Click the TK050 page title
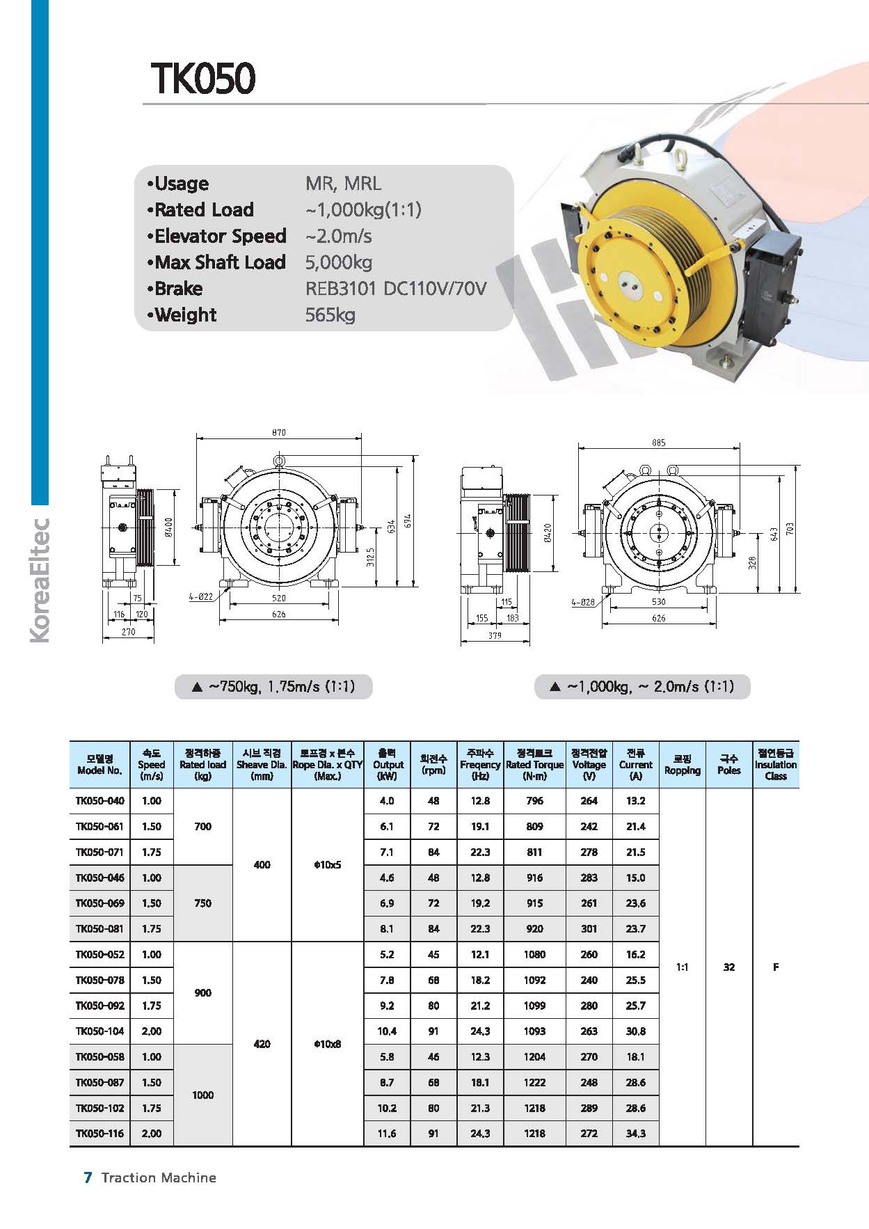pyautogui.click(x=202, y=79)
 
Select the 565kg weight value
pyautogui.click(x=330, y=315)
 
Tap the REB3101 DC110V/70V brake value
pyautogui.click(x=396, y=289)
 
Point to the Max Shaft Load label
pyautogui.click(x=220, y=262)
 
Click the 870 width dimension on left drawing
pyautogui.click(x=278, y=433)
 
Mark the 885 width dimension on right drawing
pyautogui.click(x=658, y=443)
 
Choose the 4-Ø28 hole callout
pyautogui.click(x=583, y=602)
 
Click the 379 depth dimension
pyautogui.click(x=495, y=635)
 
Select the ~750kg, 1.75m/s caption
pyautogui.click(x=274, y=687)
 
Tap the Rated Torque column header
pyautogui.click(x=534, y=764)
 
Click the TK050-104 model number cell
pyautogui.click(x=100, y=1031)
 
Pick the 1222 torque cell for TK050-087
pyautogui.click(x=534, y=1083)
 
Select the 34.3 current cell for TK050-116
pyautogui.click(x=635, y=1134)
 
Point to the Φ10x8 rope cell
pyautogui.click(x=327, y=1045)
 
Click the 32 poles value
pyautogui.click(x=728, y=967)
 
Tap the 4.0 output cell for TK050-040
pyautogui.click(x=387, y=801)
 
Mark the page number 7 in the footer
pyautogui.click(x=88, y=1178)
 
